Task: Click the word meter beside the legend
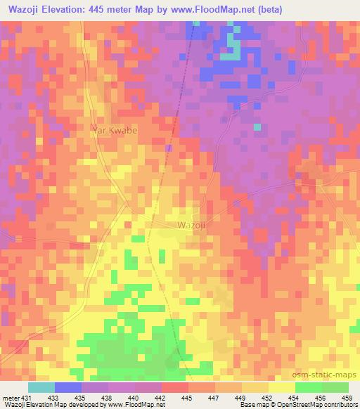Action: [x=11, y=398]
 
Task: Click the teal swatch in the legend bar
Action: [x=41, y=387]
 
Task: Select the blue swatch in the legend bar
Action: [x=68, y=387]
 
